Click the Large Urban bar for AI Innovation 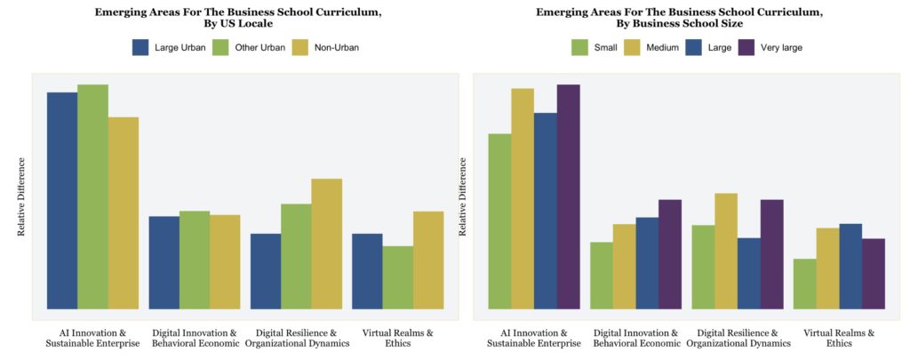pos(62,201)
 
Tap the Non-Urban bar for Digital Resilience pos(326,244)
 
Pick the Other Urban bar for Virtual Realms pos(397,277)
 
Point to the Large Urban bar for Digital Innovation pos(164,263)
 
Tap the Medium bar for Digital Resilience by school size pos(726,252)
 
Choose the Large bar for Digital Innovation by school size pos(647,263)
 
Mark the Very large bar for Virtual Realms pos(873,274)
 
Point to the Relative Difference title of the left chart pos(22,197)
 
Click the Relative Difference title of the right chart pos(463,197)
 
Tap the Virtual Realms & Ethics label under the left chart pos(397,338)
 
